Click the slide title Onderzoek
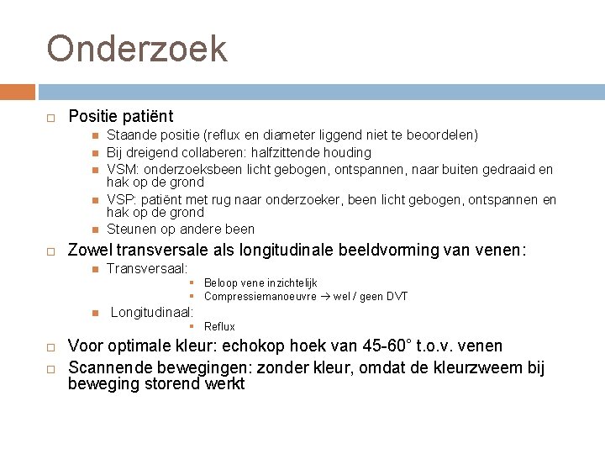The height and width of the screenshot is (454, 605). [x=137, y=49]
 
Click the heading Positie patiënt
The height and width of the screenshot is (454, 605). [x=121, y=116]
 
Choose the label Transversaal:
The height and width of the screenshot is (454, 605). [x=147, y=268]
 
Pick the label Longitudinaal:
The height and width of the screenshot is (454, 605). [x=151, y=312]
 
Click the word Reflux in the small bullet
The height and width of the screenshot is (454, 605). [x=219, y=326]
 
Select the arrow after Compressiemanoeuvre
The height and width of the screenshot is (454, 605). [x=325, y=296]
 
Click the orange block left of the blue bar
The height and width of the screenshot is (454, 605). [x=17, y=92]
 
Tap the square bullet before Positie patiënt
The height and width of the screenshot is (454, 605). [x=50, y=117]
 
